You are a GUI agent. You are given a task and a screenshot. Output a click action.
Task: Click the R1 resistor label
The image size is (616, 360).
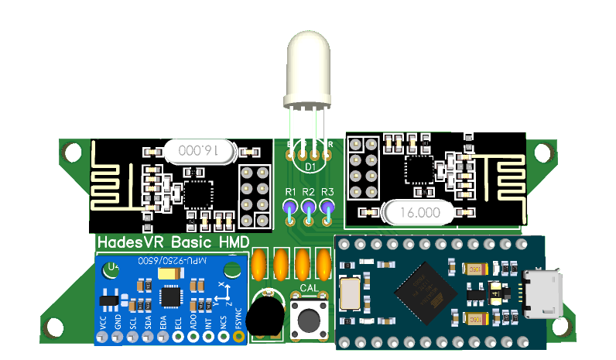click(291, 192)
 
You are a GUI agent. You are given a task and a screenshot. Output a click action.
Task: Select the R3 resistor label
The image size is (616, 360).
click(327, 192)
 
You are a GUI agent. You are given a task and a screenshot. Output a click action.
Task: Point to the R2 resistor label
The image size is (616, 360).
click(309, 192)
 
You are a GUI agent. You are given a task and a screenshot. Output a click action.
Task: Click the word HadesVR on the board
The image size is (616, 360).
click(132, 243)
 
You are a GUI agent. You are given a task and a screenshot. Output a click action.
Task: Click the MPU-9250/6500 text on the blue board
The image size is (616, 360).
click(172, 261)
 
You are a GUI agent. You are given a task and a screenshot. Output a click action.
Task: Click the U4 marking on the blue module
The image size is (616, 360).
click(114, 268)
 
